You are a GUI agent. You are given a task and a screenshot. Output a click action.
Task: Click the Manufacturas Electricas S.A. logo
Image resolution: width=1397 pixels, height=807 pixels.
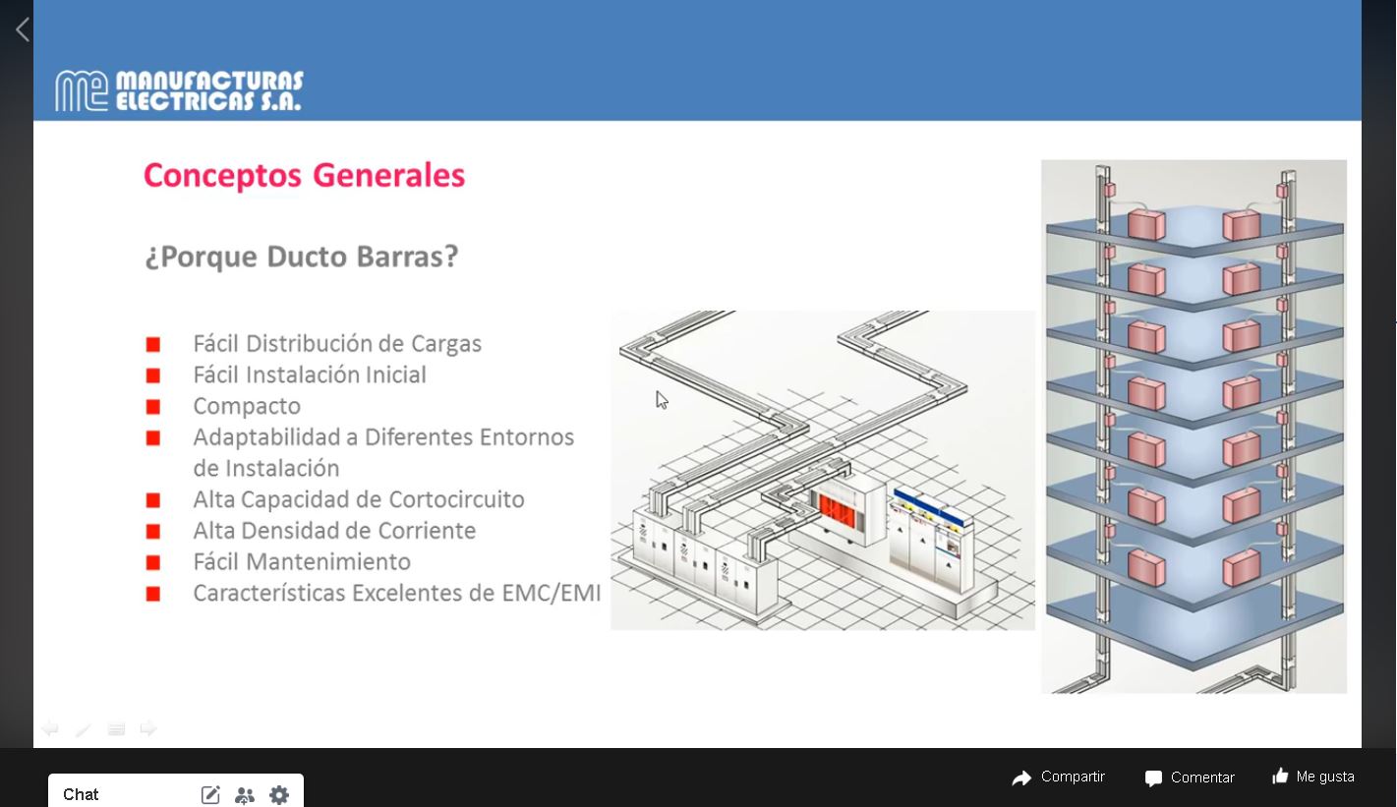(179, 90)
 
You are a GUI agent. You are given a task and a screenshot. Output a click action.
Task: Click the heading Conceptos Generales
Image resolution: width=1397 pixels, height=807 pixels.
(305, 175)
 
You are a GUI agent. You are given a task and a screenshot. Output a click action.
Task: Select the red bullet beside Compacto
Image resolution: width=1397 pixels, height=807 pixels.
(152, 407)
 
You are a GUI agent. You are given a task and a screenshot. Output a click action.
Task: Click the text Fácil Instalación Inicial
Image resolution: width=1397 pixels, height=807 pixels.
(310, 375)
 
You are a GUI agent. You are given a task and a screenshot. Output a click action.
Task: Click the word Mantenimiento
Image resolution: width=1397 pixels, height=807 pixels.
(328, 562)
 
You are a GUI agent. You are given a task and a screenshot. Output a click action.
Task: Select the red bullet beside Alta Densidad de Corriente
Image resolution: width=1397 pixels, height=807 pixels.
(152, 532)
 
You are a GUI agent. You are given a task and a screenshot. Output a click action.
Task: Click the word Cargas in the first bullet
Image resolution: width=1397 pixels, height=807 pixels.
(446, 344)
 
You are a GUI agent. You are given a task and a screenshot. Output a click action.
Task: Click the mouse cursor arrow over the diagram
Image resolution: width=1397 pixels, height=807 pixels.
(662, 400)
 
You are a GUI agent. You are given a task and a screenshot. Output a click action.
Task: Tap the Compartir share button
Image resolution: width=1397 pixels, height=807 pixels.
(1059, 778)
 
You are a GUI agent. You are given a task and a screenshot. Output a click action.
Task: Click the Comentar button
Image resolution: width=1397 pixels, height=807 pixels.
(1190, 778)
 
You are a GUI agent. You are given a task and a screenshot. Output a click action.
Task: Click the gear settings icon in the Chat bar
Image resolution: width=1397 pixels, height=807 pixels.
(279, 794)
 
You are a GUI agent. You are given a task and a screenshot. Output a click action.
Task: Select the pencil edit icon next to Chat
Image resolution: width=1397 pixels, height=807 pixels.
(210, 794)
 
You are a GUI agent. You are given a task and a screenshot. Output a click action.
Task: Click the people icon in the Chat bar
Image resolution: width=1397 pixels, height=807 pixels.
(245, 795)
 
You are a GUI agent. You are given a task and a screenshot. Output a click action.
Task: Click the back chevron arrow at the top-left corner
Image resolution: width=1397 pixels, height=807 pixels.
(23, 29)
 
